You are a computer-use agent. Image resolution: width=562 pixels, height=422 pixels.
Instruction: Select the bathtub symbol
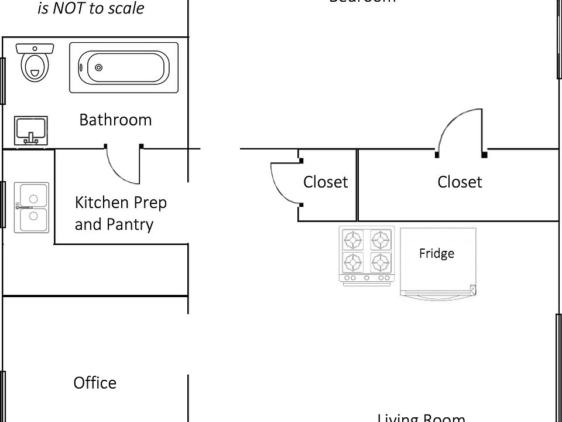(x=124, y=67)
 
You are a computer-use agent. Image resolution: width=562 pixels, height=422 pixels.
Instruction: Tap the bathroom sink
(x=30, y=130)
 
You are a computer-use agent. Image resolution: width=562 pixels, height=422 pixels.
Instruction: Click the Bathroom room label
(x=115, y=120)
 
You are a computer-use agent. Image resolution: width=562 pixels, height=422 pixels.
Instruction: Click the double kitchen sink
(x=32, y=207)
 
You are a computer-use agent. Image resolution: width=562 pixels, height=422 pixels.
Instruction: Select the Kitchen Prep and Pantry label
(x=121, y=213)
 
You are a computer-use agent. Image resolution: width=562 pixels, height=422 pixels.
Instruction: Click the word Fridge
(x=437, y=254)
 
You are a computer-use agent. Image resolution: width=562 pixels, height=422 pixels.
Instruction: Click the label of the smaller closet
(x=325, y=182)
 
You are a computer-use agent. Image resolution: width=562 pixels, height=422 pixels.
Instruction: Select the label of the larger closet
(x=460, y=182)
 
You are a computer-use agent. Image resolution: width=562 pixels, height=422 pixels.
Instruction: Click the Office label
(x=95, y=383)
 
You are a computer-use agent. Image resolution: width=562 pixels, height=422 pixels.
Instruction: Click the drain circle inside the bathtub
(x=98, y=68)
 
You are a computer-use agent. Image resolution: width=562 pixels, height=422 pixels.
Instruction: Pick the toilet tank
(x=35, y=47)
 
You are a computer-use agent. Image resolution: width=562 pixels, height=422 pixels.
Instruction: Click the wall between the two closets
(x=357, y=185)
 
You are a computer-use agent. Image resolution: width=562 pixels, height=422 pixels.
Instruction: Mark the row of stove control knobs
(x=366, y=278)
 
